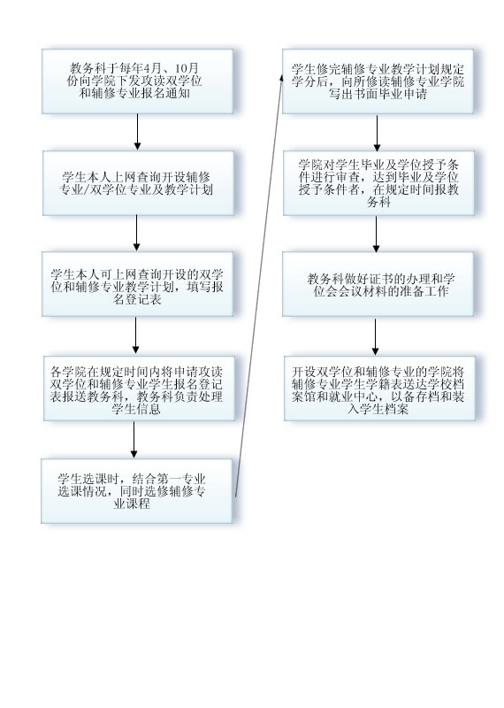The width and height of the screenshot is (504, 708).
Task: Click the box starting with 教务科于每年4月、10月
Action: click(138, 81)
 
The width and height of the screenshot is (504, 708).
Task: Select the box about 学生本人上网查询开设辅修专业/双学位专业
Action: click(138, 183)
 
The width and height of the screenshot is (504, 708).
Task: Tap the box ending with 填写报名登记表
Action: click(138, 284)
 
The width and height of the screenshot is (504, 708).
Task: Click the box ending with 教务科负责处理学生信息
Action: click(139, 389)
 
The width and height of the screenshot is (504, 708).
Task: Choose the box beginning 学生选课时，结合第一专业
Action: click(137, 491)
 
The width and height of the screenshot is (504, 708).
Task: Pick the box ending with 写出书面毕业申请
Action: click(378, 81)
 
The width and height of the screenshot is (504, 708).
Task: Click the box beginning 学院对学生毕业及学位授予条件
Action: click(379, 183)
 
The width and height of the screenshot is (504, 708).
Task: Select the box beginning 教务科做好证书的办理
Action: click(378, 284)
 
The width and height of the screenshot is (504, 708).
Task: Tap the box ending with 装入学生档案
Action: click(379, 389)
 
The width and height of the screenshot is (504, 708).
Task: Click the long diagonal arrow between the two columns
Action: click(259, 286)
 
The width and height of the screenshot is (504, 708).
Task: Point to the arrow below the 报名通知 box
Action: click(138, 132)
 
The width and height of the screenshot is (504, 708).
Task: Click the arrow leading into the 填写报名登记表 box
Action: click(137, 233)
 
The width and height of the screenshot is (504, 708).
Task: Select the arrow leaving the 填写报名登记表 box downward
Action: click(136, 335)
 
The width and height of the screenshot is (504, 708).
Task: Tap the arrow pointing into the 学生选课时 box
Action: click(134, 439)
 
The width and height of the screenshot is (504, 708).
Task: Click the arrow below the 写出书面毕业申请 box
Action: click(378, 134)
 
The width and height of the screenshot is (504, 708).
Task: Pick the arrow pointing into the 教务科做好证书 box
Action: click(377, 234)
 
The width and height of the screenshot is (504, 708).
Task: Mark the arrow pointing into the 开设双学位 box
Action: click(376, 337)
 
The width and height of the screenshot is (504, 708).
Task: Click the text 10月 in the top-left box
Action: click(187, 69)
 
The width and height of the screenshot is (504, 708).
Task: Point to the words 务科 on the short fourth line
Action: click(378, 202)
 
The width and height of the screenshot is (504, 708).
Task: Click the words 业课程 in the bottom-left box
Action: click(132, 504)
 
